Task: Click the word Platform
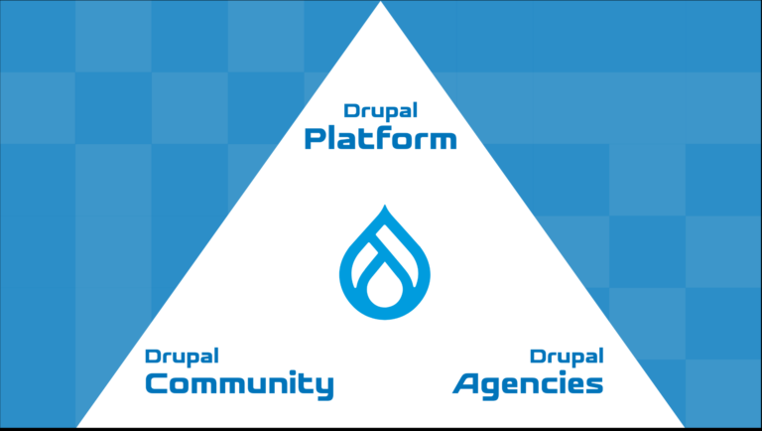(381, 139)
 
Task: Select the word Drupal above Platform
(381, 112)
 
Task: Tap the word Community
(239, 384)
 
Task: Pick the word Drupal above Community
(182, 358)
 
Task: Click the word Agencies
(528, 384)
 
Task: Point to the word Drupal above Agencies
(567, 358)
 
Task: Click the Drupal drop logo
(385, 263)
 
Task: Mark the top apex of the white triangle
(381, 1)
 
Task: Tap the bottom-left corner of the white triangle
(76, 427)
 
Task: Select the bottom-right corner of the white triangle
(685, 427)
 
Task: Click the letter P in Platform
(315, 139)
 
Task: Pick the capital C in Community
(157, 383)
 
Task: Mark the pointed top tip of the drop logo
(385, 206)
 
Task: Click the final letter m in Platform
(444, 141)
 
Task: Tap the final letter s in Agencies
(594, 384)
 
